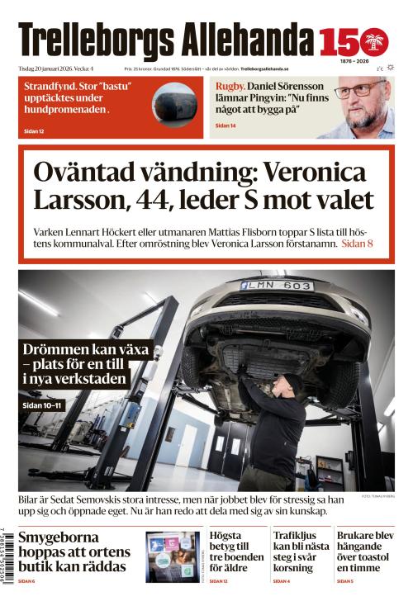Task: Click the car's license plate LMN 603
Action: click(276, 285)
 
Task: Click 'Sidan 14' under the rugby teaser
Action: click(225, 125)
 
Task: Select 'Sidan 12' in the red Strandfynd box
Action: click(34, 131)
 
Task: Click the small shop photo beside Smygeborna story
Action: click(173, 555)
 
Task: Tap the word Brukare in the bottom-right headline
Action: click(358, 536)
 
